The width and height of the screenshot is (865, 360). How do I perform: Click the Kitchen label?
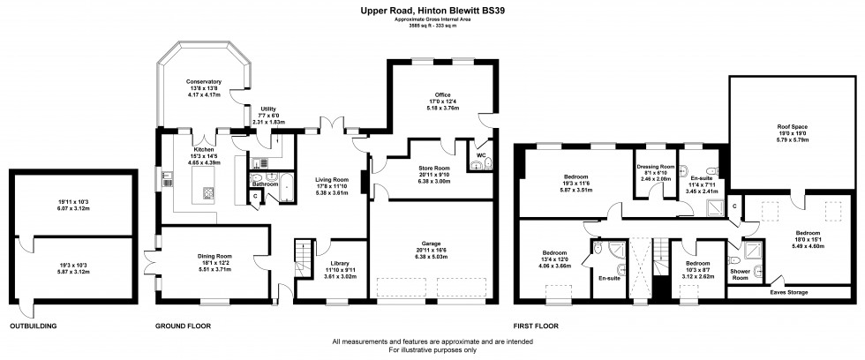(204, 151)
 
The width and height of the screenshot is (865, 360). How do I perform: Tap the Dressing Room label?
(656, 167)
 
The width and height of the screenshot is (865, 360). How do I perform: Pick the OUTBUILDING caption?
(34, 326)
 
